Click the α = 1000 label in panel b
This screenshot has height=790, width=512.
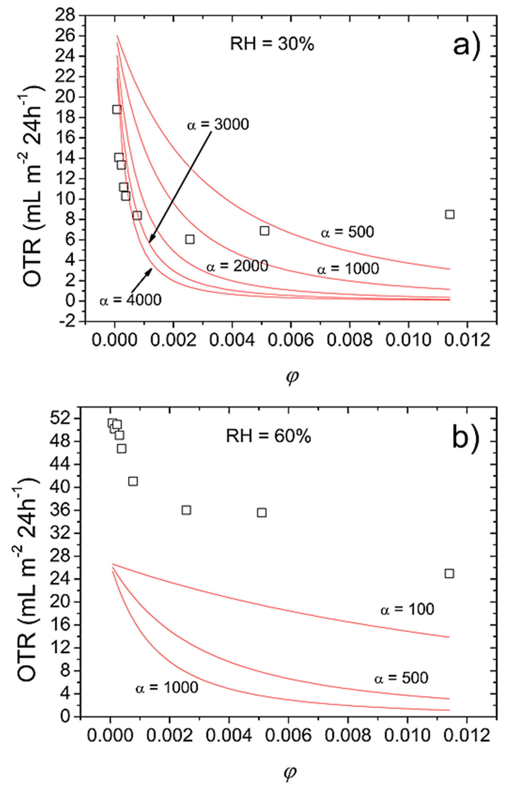coord(167,687)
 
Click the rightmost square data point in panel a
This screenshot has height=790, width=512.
coord(450,214)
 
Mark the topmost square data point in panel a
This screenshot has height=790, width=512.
coord(117,109)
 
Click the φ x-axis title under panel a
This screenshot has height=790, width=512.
coord(291,378)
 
